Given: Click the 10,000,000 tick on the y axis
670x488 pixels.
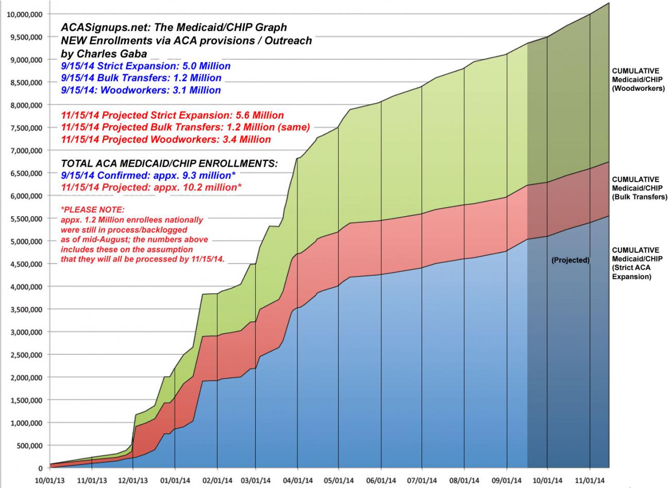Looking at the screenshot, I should [25, 14].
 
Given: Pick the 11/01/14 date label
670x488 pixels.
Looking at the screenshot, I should [590, 481].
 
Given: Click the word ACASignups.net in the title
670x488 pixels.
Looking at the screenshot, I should [96, 27].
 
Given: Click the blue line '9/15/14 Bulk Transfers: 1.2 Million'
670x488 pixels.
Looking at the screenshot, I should [141, 78].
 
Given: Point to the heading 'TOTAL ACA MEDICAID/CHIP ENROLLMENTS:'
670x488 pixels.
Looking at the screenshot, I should [169, 164].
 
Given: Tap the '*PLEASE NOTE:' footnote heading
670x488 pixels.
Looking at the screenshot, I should [92, 210].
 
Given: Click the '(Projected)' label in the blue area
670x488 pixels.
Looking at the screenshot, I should [570, 260].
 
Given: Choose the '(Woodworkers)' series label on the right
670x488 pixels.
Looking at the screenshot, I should [638, 88].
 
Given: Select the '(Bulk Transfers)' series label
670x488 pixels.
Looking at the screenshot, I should [639, 197].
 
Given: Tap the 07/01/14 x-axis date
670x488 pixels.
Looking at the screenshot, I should [422, 481].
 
